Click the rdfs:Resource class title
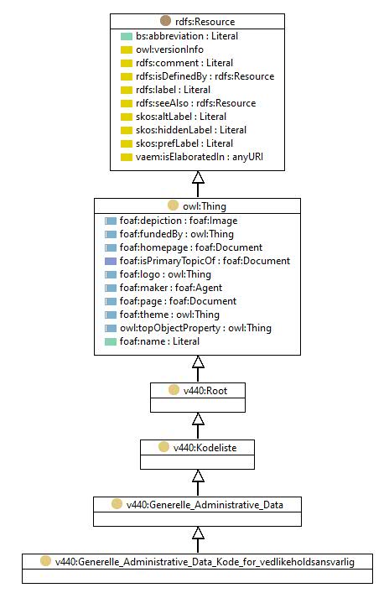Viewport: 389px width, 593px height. coord(205,22)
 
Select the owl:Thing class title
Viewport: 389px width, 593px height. coord(205,206)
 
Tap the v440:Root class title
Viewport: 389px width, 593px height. coord(205,391)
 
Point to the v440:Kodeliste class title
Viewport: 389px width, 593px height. coord(205,448)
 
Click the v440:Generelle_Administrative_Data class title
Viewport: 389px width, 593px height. coord(205,505)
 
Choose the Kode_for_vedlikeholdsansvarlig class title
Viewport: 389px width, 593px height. coord(205,562)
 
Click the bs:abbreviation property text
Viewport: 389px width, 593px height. coord(187,36)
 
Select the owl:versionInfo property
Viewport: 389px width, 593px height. coord(169,49)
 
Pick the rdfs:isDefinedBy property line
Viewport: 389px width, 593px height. coord(205,76)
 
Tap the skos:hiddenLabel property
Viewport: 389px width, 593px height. coord(191,130)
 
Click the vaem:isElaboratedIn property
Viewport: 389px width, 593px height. coord(200,157)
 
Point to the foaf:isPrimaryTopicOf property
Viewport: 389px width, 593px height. coord(205,261)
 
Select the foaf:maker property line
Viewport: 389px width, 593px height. coord(171,288)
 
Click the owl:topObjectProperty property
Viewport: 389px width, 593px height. coord(195,328)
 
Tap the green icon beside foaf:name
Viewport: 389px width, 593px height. coord(111,342)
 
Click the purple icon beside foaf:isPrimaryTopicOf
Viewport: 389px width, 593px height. coord(111,261)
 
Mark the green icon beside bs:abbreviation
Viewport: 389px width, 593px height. coord(127,36)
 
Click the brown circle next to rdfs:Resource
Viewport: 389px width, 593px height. coord(166,21)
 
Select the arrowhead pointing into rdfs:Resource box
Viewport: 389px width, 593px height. coord(198,177)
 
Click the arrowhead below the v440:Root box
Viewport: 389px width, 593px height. coord(198,419)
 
